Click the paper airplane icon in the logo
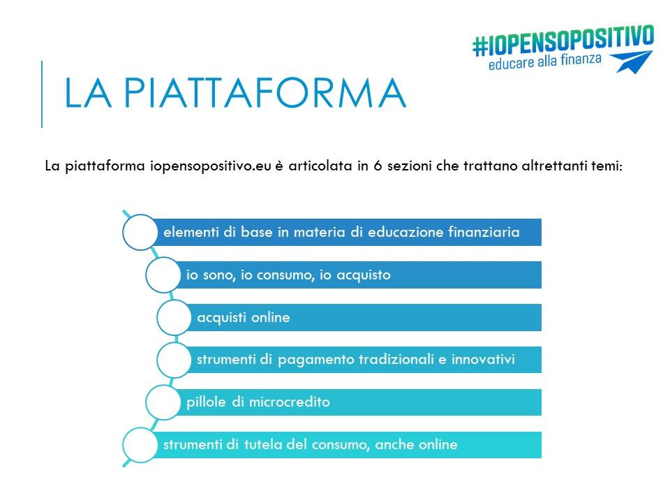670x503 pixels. tap(632, 62)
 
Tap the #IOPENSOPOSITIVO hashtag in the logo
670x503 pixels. tap(563, 41)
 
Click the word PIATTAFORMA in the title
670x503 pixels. tap(265, 93)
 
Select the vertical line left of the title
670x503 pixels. tap(42, 94)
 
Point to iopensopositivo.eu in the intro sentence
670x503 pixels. tap(211, 166)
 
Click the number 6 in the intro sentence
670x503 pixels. tap(378, 166)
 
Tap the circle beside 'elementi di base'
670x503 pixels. tap(140, 232)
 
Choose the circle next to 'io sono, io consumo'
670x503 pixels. tap(163, 275)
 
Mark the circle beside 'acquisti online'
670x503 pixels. tap(174, 317)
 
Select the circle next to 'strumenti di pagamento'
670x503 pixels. tap(174, 360)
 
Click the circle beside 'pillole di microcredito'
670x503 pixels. tap(163, 402)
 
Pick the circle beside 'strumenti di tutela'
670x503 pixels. tap(140, 445)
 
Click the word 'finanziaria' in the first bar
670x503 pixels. tap(484, 232)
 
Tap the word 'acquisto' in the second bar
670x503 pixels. tap(364, 275)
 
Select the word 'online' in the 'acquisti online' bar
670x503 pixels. tap(271, 317)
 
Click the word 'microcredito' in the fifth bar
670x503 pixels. tap(289, 402)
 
